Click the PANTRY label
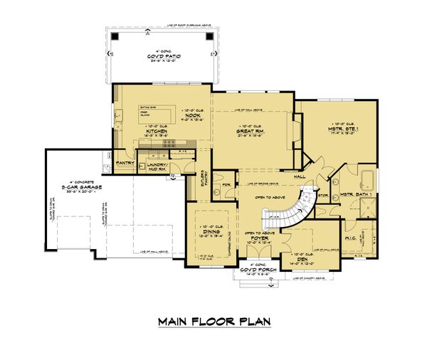(125, 163)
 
